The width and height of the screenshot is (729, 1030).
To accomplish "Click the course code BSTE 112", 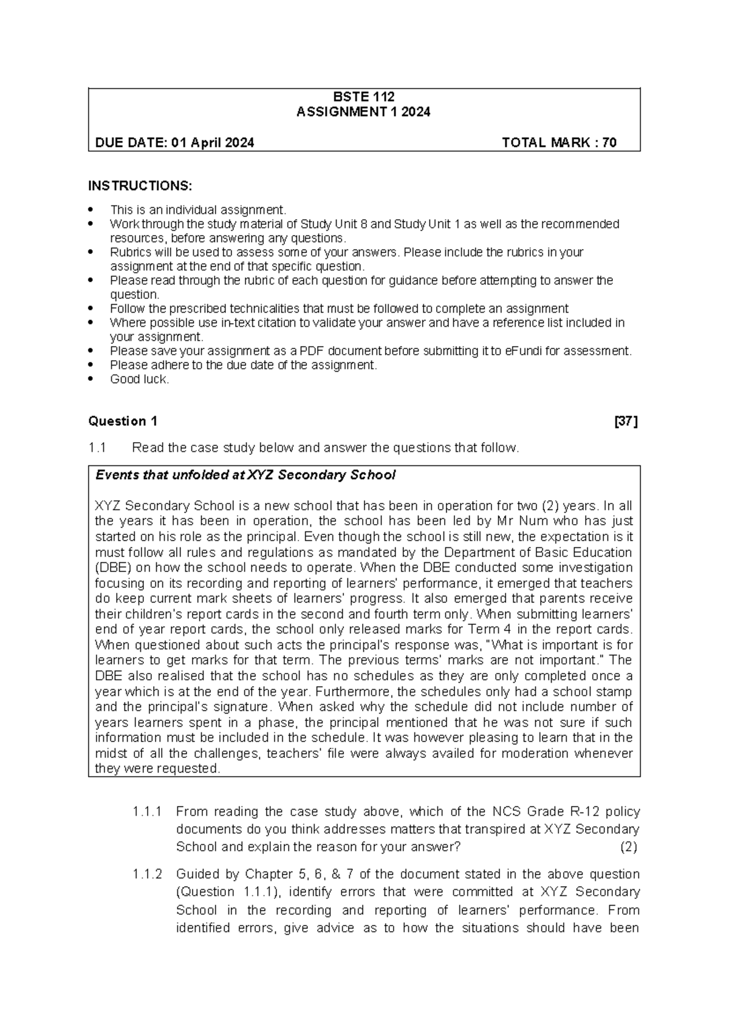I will [364, 97].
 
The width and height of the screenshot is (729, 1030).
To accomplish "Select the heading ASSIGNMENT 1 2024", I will [363, 112].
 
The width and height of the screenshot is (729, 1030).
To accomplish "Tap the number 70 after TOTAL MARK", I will [609, 143].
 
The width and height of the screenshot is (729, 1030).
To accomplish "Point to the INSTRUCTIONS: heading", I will [140, 185].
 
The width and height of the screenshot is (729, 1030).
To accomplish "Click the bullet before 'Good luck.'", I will [92, 379].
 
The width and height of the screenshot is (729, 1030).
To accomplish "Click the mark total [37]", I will [626, 421].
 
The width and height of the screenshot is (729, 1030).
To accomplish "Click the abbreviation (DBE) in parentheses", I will [113, 568].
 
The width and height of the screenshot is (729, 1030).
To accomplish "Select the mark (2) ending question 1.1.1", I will [628, 847].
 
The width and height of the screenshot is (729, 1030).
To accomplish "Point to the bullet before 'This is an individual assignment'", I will [92, 210].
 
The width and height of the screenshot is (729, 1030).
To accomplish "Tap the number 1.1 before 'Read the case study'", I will [97, 448].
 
